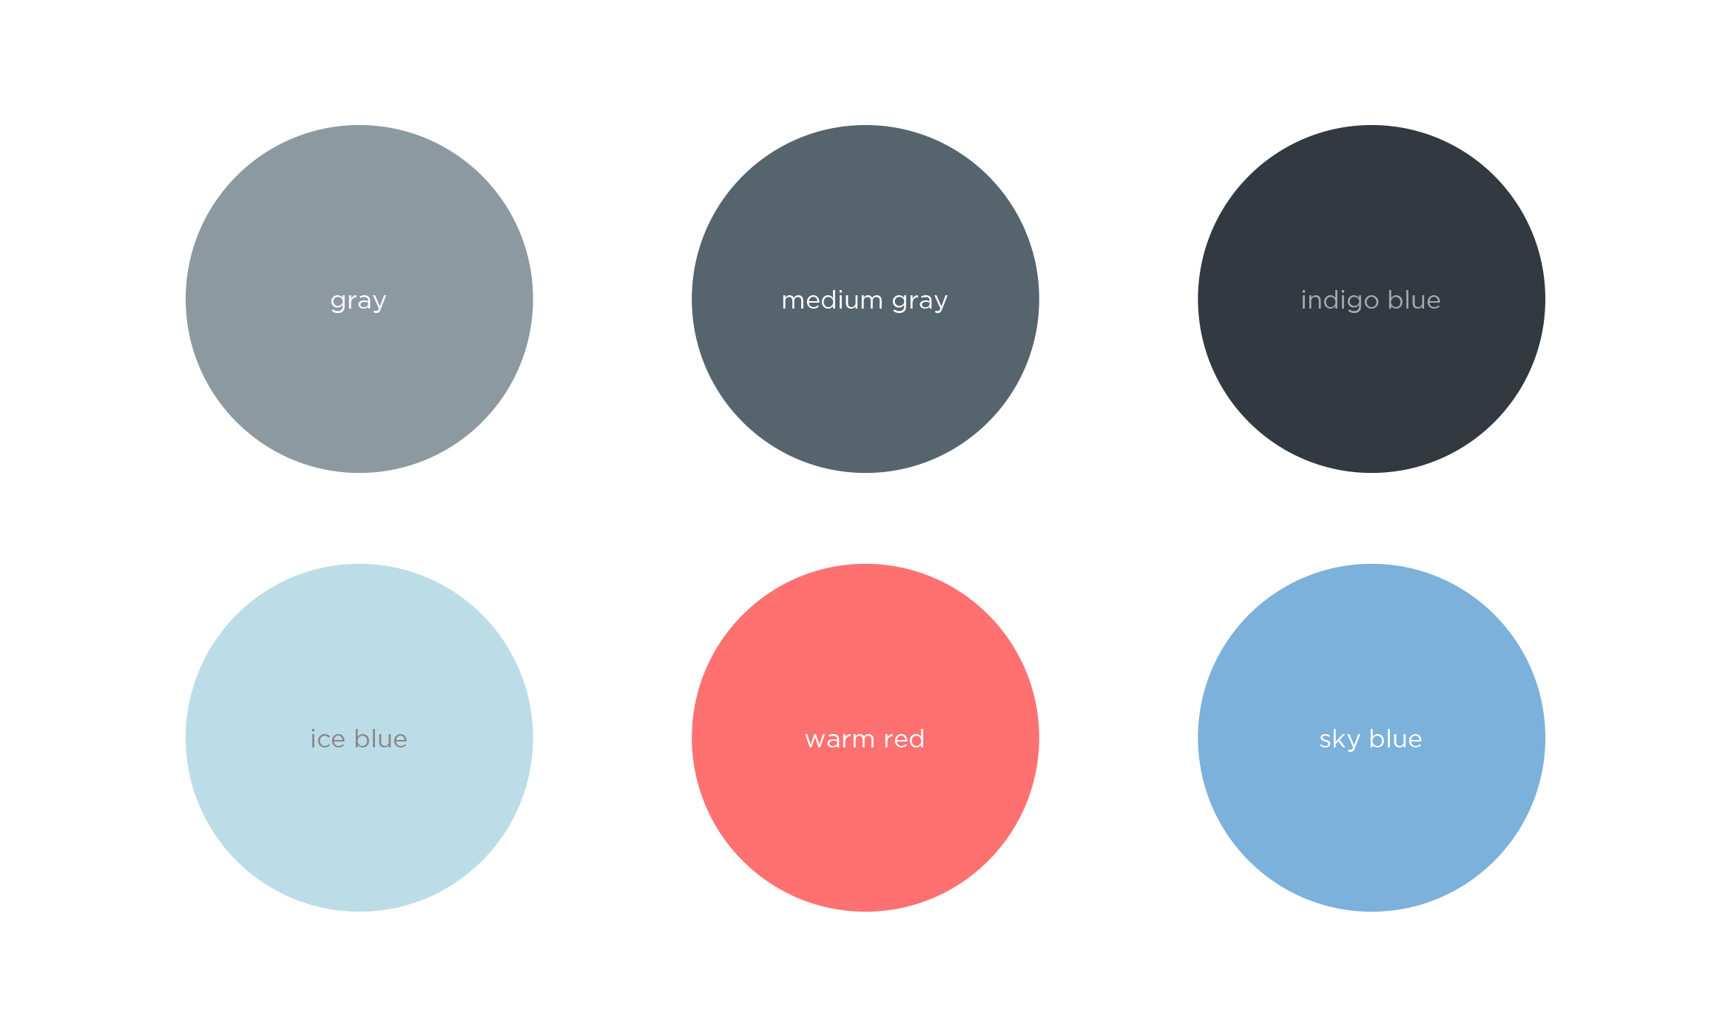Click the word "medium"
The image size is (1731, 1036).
pos(832,300)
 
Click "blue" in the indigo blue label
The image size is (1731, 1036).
pos(1414,300)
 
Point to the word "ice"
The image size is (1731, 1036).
pos(328,739)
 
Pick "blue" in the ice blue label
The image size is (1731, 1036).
pos(380,739)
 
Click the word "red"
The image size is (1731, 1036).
pos(904,739)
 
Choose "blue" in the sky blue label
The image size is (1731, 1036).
pos(1395,739)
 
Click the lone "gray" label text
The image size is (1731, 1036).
pos(358,301)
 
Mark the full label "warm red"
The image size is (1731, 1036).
pos(865,739)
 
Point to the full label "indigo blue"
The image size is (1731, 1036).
pos(1371,300)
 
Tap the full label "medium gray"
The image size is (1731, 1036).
pos(865,300)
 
